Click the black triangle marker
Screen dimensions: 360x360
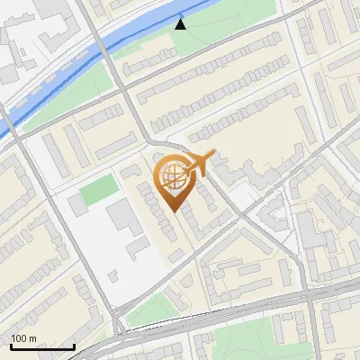coord(181,24)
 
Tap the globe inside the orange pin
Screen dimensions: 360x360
coord(174,175)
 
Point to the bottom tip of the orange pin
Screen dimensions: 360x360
coord(174,212)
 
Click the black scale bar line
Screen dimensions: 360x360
coord(42,347)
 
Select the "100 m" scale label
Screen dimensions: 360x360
coord(24,338)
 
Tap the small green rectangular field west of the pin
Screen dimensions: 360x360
coord(99,191)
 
